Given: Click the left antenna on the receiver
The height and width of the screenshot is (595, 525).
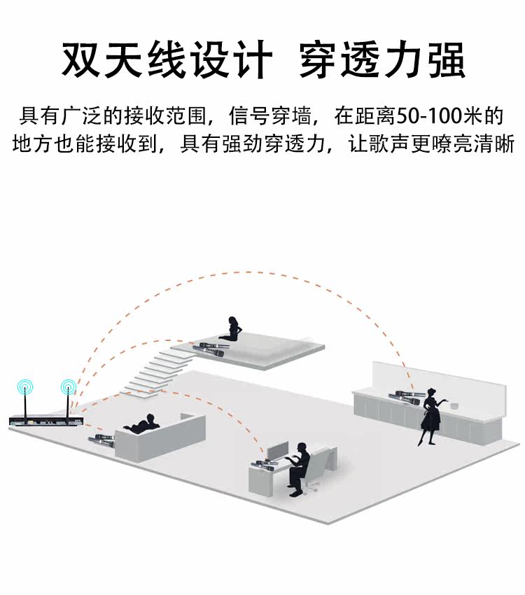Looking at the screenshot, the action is pos(25,404).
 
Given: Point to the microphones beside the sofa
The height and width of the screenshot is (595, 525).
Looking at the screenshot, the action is pos(102,441).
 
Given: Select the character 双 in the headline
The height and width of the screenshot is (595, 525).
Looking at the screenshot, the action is pos(80,61).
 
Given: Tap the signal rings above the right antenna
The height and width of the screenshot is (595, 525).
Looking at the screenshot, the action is pos(68,385).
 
